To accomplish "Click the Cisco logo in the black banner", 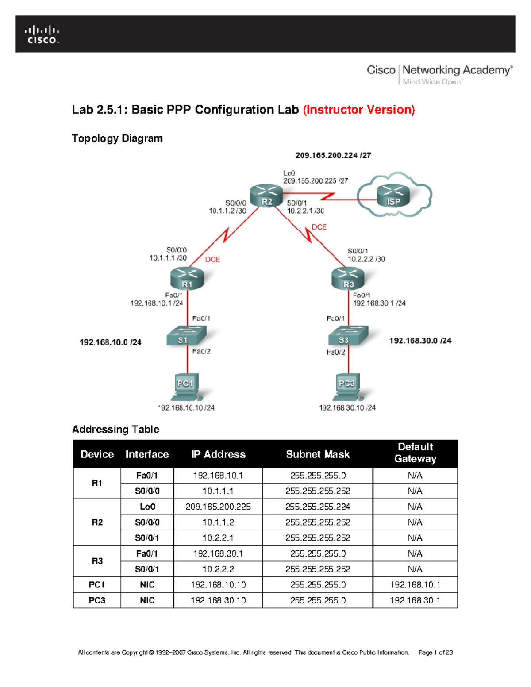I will [x=42, y=35].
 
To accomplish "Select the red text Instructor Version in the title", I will [x=359, y=110].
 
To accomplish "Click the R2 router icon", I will [x=266, y=196].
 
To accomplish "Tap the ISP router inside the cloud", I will [x=393, y=196].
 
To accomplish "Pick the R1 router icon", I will [x=187, y=279].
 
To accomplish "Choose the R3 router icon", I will [x=348, y=279].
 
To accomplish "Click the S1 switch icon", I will [x=186, y=336].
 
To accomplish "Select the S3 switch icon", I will [x=348, y=336].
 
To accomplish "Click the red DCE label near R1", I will [x=212, y=260].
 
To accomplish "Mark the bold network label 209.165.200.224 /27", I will [x=333, y=155].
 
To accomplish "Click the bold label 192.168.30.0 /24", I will [x=420, y=341].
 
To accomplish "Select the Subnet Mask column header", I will [x=318, y=454].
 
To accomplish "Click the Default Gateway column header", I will [x=415, y=453].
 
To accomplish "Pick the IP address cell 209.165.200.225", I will [x=218, y=507].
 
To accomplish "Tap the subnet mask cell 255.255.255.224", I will [x=318, y=507].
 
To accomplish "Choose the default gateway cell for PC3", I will [x=415, y=600].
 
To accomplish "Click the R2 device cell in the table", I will [x=97, y=522].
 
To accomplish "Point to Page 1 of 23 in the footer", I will [x=435, y=652].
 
